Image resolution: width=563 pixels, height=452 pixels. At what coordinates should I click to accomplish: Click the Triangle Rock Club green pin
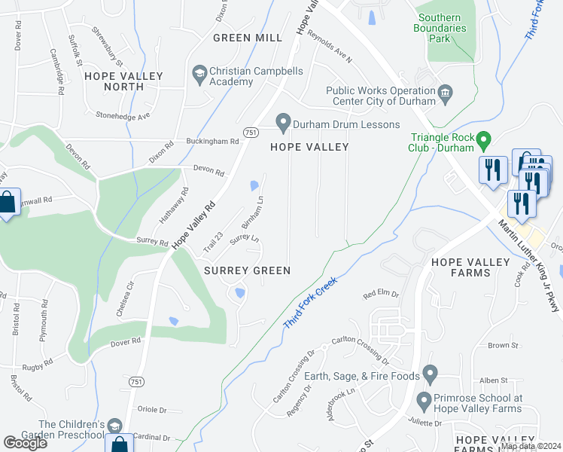(x=485, y=139)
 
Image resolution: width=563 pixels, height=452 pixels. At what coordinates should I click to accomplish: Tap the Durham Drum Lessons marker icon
(x=283, y=121)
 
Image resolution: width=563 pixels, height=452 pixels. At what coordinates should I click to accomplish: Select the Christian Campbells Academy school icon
(x=199, y=73)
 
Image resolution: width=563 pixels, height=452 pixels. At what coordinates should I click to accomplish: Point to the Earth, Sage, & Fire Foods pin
(x=430, y=374)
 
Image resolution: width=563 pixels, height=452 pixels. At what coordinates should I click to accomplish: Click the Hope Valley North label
(x=114, y=81)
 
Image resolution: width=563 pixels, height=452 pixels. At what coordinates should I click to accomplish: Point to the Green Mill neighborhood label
(x=248, y=38)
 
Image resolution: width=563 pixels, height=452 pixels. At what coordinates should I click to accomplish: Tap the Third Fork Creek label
(x=310, y=301)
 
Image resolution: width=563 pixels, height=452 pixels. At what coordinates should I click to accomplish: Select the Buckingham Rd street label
(x=213, y=142)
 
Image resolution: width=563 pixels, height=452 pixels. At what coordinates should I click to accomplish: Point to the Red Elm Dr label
(x=380, y=295)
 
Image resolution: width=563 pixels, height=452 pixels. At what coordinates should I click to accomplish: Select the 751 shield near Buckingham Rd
(x=251, y=132)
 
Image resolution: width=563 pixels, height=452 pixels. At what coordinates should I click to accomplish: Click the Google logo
(x=26, y=443)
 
